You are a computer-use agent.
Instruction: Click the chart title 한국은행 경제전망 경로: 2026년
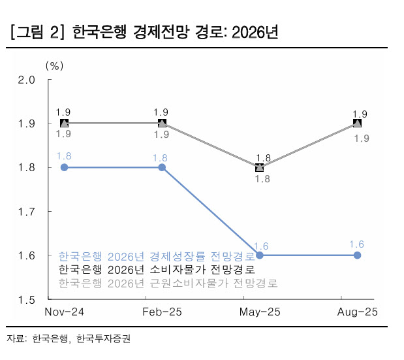[x=176, y=32]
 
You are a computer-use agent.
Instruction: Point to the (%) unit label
[x=55, y=66]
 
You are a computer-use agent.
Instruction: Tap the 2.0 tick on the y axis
[x=26, y=80]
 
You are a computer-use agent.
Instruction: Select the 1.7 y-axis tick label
[x=26, y=212]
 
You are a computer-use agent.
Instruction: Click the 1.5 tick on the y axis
[x=26, y=300]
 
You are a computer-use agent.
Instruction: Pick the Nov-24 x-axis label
[x=64, y=313]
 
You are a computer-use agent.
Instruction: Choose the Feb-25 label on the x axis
[x=162, y=313]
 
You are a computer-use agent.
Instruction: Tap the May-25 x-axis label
[x=260, y=313]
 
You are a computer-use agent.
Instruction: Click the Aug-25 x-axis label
[x=357, y=313]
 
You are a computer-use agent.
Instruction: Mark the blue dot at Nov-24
[x=64, y=167]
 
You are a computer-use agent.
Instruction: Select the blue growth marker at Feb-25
[x=162, y=167]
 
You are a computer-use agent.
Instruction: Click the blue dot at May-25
[x=260, y=255]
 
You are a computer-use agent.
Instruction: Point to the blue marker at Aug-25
[x=358, y=255]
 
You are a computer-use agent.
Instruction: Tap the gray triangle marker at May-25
[x=260, y=167]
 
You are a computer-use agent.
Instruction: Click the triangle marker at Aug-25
[x=358, y=123]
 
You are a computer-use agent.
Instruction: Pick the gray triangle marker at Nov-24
[x=64, y=123]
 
